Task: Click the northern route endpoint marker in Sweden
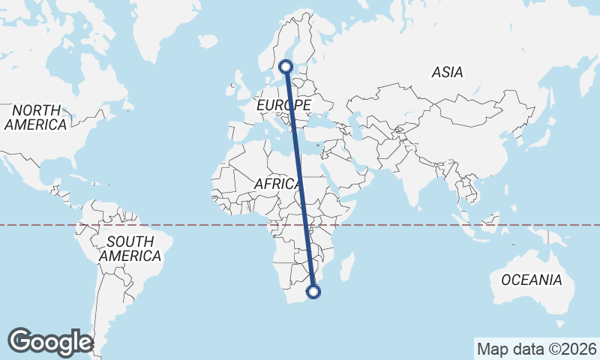(286, 67)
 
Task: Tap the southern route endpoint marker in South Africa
(314, 291)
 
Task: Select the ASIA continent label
(447, 73)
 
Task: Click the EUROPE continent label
(283, 105)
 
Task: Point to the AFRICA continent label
(278, 184)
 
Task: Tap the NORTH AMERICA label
(35, 118)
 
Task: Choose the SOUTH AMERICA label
(130, 249)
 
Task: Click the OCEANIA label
(531, 280)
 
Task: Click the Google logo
(49, 341)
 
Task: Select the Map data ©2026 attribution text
(536, 349)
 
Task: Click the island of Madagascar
(346, 267)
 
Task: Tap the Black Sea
(322, 116)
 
